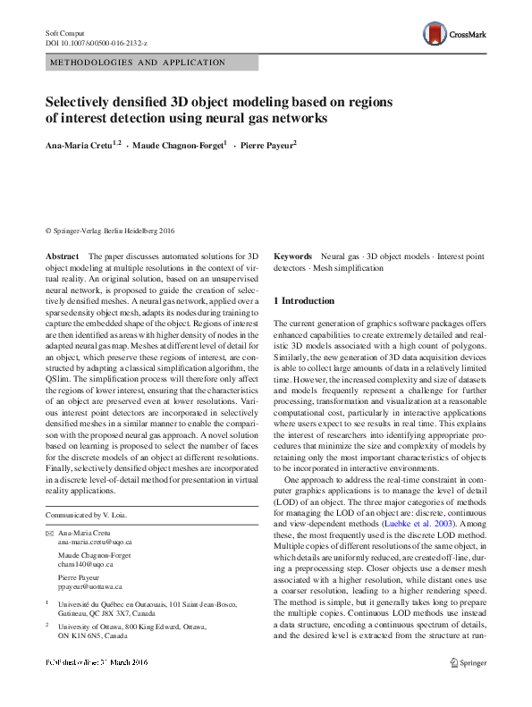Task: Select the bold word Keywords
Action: tap(292, 256)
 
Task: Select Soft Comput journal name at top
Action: tap(64, 32)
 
